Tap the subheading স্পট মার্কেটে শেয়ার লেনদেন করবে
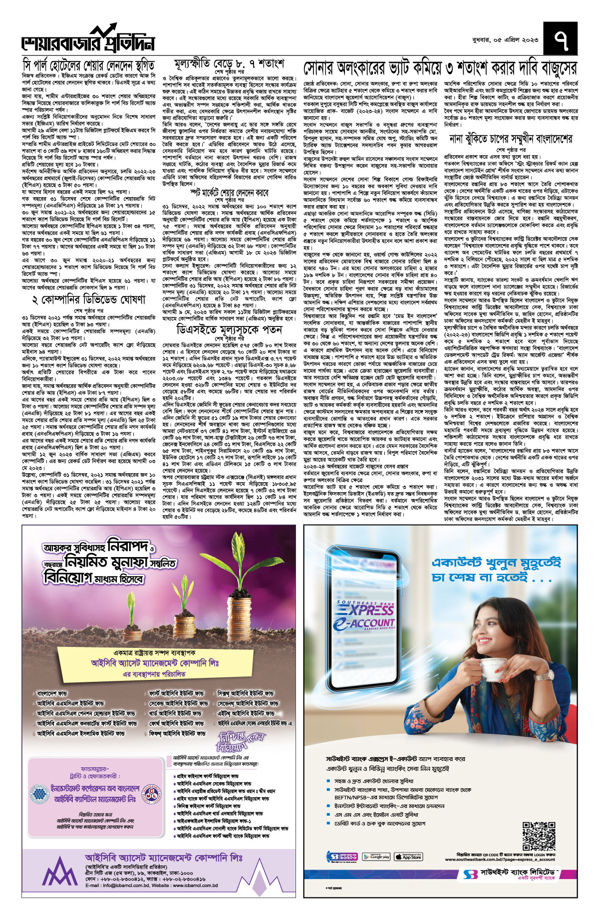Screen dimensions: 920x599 click(229, 193)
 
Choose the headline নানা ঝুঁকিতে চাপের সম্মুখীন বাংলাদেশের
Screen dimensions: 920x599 click(511, 138)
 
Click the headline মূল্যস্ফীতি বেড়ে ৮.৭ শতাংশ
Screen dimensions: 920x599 click(229, 64)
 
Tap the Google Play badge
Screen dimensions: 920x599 click(376, 857)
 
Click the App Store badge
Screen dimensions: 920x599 click(408, 857)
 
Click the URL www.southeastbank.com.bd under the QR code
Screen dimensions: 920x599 click(499, 860)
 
